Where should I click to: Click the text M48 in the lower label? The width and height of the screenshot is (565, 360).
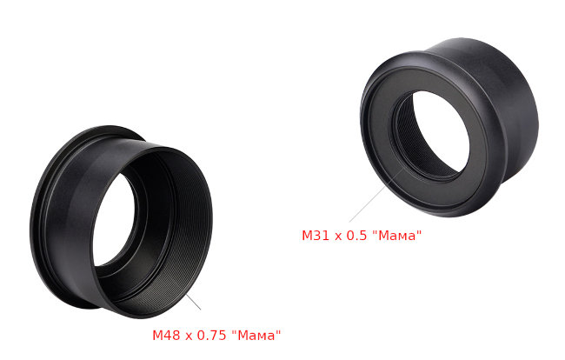[x=166, y=336]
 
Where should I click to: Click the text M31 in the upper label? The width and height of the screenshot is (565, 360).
[x=315, y=236]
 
